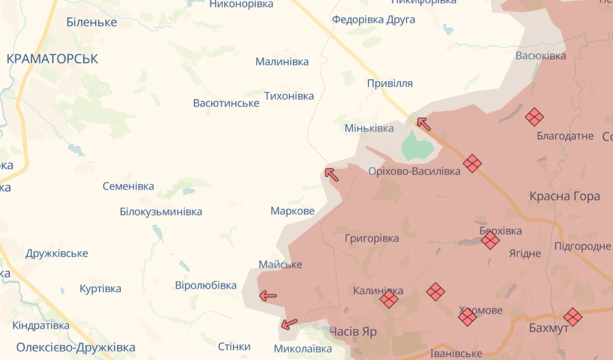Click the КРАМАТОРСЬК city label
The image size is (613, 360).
click(52, 59)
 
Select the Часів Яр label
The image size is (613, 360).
click(353, 331)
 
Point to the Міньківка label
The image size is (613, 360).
click(369, 128)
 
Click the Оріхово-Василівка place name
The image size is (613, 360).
click(414, 171)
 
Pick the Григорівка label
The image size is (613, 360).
click(371, 238)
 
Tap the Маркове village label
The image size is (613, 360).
click(292, 211)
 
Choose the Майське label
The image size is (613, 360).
click(280, 265)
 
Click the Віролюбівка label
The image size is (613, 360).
click(206, 286)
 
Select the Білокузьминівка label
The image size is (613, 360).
click(161, 212)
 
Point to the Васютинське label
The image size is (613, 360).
click(226, 103)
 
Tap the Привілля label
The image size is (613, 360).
click(389, 84)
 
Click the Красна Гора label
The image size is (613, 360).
click(565, 196)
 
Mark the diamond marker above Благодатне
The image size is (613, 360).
click(535, 117)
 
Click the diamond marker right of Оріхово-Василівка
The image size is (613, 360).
click(472, 163)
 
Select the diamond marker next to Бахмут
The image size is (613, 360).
click(573, 317)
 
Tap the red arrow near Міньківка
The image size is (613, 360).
click(424, 123)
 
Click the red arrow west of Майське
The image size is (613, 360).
click(268, 296)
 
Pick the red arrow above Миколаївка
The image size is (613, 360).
click(289, 323)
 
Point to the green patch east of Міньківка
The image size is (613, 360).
click(417, 145)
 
